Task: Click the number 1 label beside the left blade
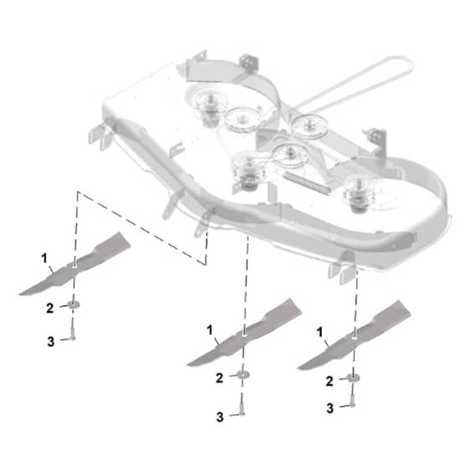(44, 258)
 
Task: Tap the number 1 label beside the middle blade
(210, 330)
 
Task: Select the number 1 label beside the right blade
(320, 332)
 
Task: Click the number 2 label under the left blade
(50, 308)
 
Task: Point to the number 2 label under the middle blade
(219, 378)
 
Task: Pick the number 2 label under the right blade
(329, 381)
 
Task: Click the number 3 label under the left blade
(51, 342)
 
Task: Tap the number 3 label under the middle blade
(220, 417)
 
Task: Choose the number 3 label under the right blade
(330, 409)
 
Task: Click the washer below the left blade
(74, 305)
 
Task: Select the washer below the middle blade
(243, 374)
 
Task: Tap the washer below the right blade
(354, 378)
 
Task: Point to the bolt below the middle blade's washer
(242, 409)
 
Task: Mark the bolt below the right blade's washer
(352, 401)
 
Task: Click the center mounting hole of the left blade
(74, 266)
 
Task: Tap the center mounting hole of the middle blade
(244, 335)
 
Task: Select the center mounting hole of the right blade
(354, 338)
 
